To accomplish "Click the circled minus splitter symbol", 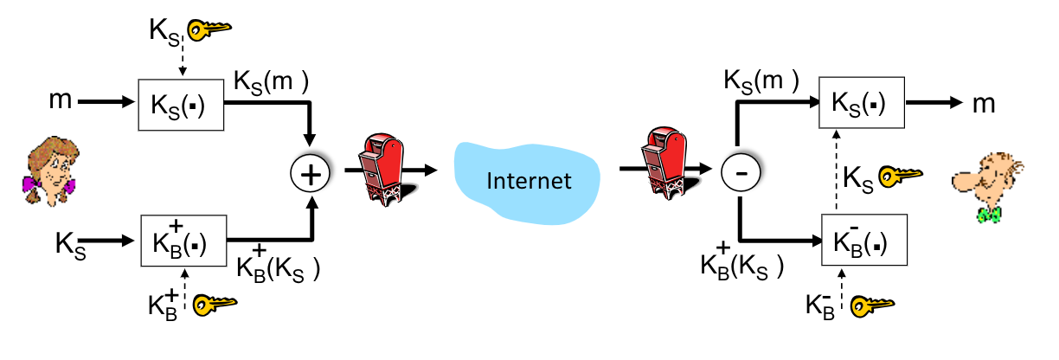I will tap(740, 173).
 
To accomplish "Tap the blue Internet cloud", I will tap(529, 180).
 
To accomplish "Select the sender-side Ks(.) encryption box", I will tap(182, 106).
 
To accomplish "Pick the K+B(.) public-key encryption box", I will tap(183, 238).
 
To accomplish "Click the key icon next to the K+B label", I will tap(213, 304).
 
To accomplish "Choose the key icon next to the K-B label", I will tap(871, 305).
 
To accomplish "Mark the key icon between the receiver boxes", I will tap(901, 177).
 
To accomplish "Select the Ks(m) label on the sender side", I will tap(272, 85).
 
